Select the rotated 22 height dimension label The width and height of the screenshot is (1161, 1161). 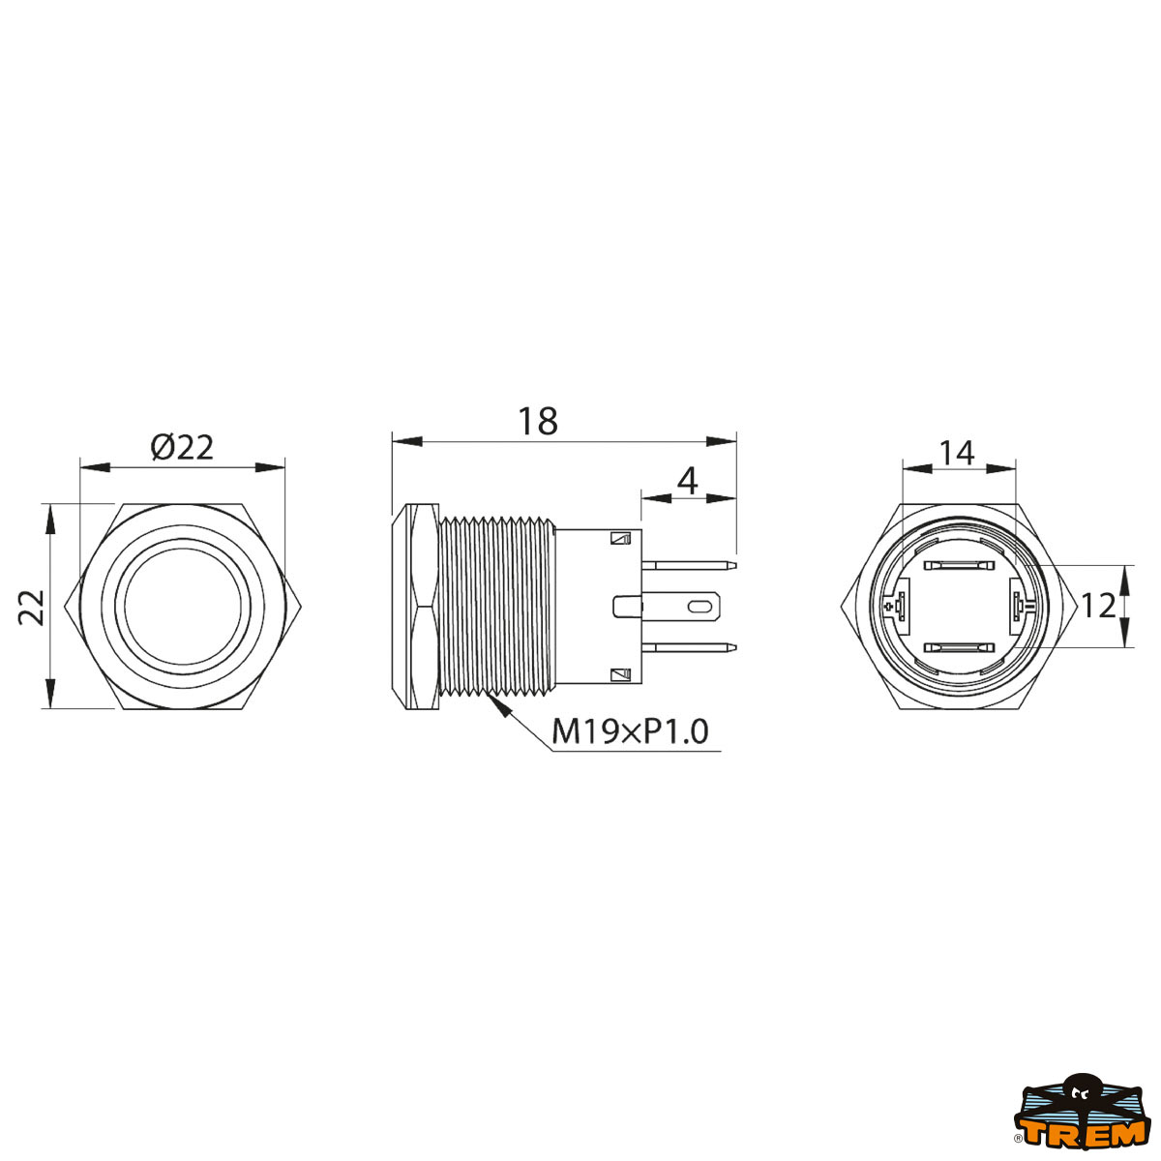[x=31, y=608]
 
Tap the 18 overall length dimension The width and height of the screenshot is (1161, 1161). [x=538, y=421]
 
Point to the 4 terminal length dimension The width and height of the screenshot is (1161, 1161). [x=688, y=481]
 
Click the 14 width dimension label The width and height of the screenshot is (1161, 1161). [x=957, y=453]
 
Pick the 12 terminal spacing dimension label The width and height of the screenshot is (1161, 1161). [x=1099, y=606]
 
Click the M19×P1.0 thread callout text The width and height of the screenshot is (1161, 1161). [x=630, y=732]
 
